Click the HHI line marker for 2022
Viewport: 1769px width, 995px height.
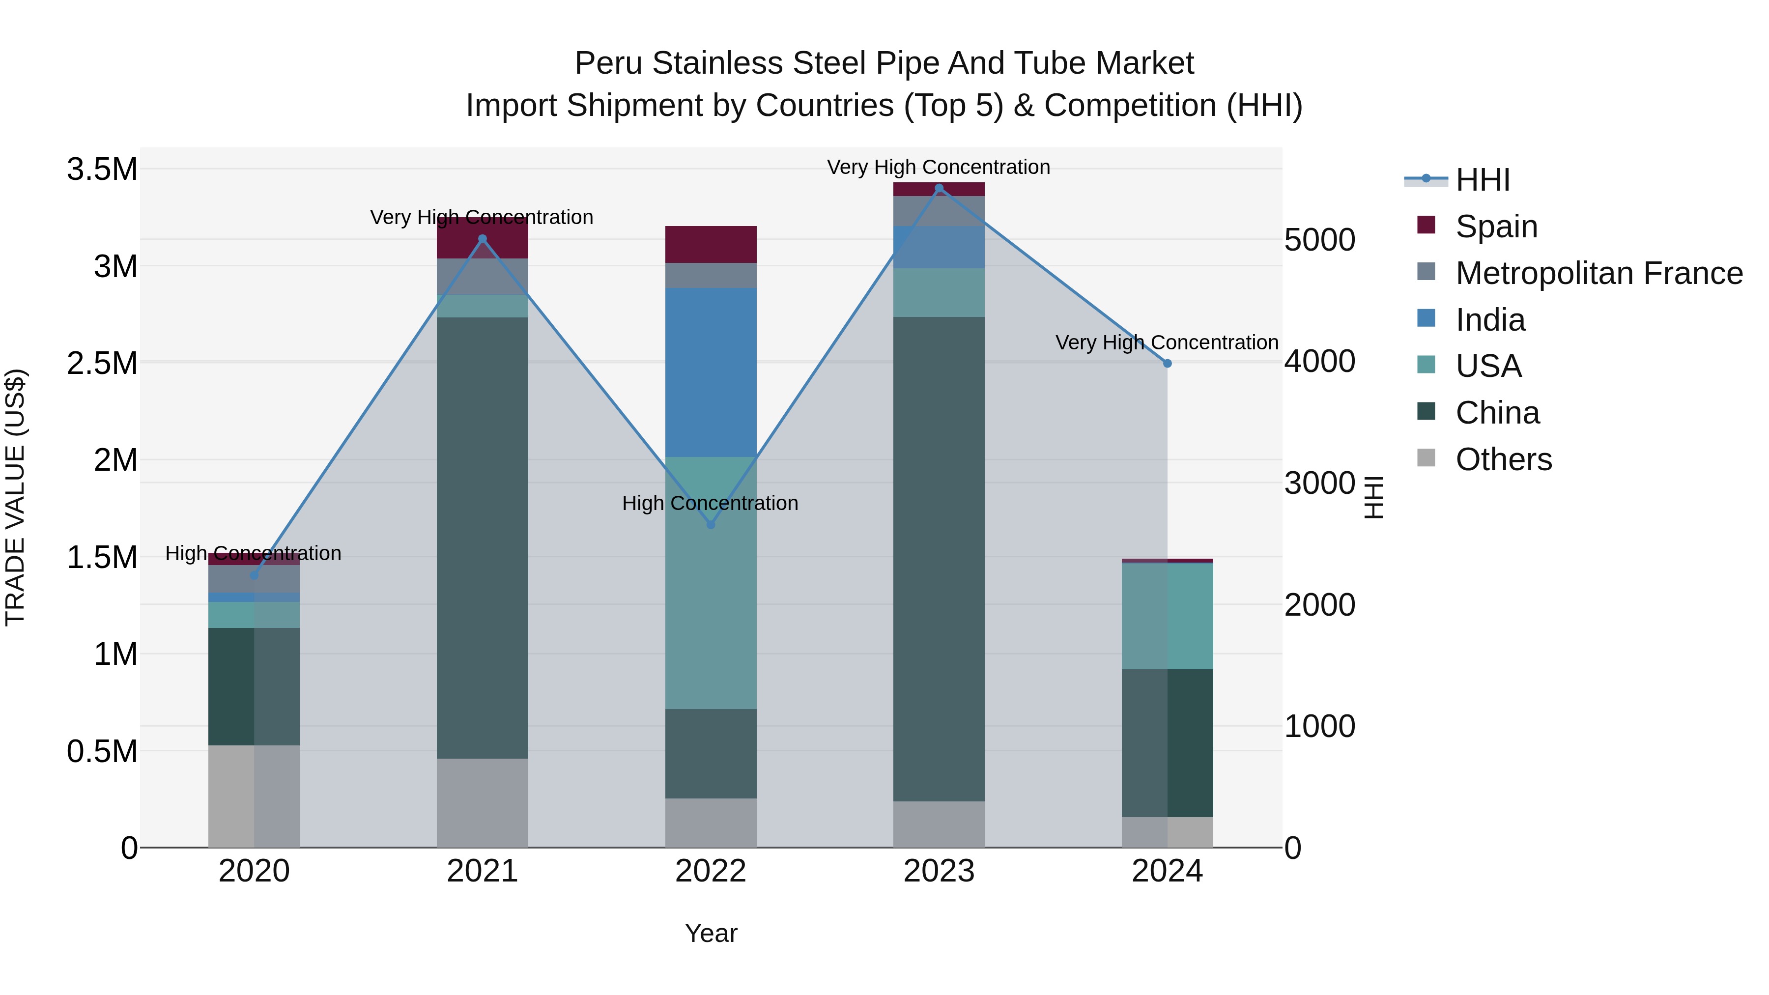(x=711, y=525)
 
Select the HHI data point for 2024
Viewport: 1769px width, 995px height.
(x=1168, y=363)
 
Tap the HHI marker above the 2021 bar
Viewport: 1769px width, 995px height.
(x=482, y=239)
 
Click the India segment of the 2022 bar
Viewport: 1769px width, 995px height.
(x=711, y=372)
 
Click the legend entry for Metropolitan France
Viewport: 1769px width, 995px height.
(x=1598, y=273)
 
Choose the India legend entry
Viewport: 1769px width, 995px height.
(x=1490, y=320)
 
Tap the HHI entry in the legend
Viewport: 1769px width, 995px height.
(x=1482, y=180)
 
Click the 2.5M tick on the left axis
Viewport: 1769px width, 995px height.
(x=102, y=363)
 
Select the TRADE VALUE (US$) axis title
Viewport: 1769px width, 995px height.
(x=15, y=497)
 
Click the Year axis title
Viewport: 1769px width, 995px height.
(x=711, y=933)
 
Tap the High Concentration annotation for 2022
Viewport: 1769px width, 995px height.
(x=710, y=503)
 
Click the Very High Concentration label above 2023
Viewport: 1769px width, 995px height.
(x=938, y=167)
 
